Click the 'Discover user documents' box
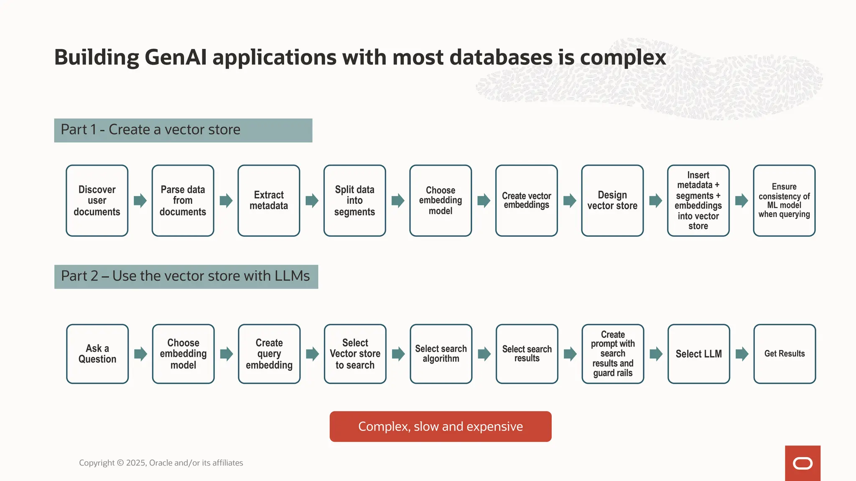97,200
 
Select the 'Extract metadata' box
269,200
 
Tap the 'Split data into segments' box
354,200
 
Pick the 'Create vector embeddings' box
526,200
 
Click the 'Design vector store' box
612,200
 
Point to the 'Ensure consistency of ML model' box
784,200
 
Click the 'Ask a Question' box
97,354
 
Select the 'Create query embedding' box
269,354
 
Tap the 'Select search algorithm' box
441,354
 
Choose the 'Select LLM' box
699,354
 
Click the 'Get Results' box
785,354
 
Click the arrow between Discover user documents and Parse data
140,200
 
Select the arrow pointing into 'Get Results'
742,354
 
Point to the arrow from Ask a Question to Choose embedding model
140,354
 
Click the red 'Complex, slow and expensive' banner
441,426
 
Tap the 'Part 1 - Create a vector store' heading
183,130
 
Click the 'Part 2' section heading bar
186,276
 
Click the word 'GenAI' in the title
176,57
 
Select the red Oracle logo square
802,463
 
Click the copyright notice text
161,463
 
